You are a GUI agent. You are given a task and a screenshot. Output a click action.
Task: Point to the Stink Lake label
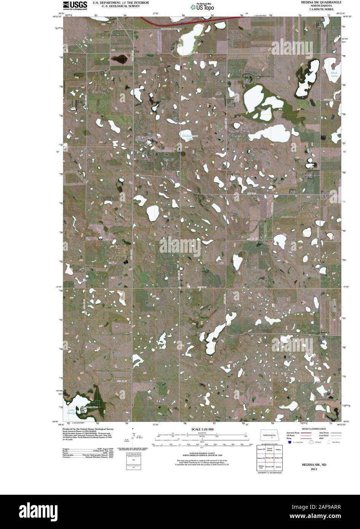coord(334,74)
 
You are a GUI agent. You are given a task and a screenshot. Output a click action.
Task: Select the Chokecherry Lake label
coord(189,137)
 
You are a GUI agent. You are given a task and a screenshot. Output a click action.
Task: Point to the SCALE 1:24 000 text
coord(200,430)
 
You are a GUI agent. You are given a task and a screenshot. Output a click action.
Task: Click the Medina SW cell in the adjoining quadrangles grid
coord(269,457)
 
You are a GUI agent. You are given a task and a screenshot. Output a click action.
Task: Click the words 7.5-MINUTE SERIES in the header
coord(320,10)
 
